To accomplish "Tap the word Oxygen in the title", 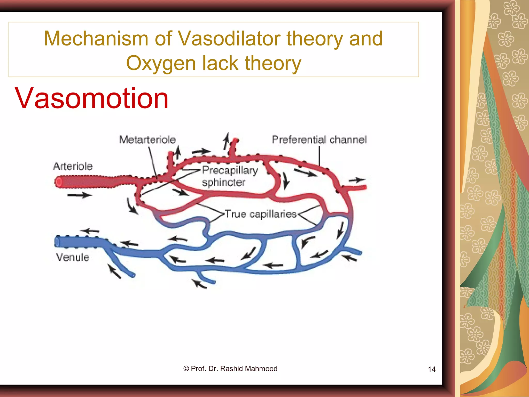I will click(160, 63).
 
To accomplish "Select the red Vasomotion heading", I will click(92, 98).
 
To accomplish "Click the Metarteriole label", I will click(147, 140).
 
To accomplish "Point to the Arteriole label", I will click(73, 166).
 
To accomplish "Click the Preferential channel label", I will click(319, 140).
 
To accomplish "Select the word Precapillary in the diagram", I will click(230, 170).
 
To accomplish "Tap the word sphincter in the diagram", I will click(223, 182).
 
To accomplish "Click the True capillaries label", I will click(261, 214).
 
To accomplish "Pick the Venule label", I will click(73, 257).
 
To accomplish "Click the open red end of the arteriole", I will click(58, 182).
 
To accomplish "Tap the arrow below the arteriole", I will click(79, 195).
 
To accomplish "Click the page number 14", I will click(432, 369).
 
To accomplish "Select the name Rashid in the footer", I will click(231, 369).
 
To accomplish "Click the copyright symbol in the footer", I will click(186, 369).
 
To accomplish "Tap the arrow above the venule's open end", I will click(89, 231).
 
